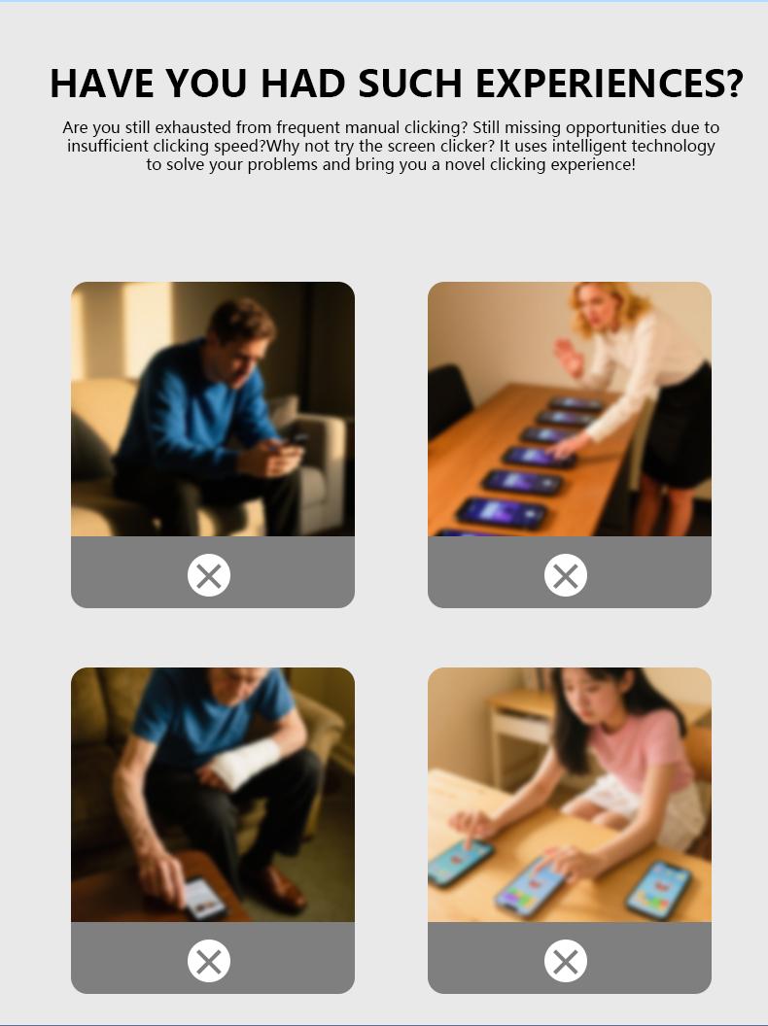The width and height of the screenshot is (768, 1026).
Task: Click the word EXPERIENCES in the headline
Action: (610, 84)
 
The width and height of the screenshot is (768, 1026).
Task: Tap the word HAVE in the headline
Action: (102, 84)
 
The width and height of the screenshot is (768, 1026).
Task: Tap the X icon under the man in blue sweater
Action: (209, 575)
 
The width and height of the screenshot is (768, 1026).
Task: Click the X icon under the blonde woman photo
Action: (566, 575)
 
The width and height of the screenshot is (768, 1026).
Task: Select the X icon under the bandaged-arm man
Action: (209, 961)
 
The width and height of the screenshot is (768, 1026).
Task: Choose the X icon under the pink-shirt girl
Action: (566, 961)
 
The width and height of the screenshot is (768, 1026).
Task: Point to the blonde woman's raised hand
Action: (568, 358)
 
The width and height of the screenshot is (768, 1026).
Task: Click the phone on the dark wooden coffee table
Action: (204, 899)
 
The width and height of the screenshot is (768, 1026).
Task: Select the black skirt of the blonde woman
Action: (678, 427)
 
